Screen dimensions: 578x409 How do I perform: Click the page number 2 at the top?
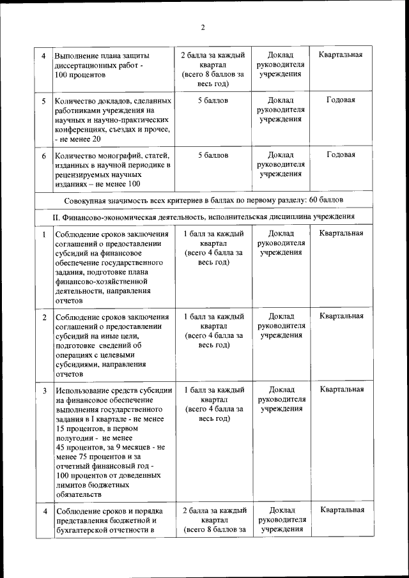pyautogui.click(x=203, y=27)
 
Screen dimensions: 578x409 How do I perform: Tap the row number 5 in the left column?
pyautogui.click(x=43, y=101)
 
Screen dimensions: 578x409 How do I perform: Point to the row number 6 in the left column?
pyautogui.click(x=43, y=155)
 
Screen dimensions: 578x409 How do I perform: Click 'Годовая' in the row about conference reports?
pyautogui.click(x=341, y=100)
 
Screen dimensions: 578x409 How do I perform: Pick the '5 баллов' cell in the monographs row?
pyautogui.click(x=213, y=155)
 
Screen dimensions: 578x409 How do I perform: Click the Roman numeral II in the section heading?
pyautogui.click(x=56, y=217)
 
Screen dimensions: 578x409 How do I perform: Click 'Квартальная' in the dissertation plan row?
pyautogui.click(x=341, y=54)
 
